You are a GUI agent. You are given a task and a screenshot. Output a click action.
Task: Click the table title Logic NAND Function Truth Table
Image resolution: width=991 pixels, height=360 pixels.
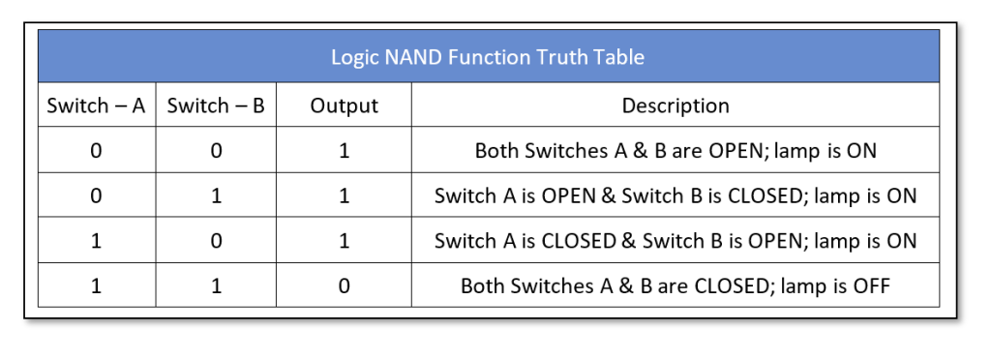488,57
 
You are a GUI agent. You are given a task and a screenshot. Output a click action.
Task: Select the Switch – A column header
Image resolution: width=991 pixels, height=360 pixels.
96,105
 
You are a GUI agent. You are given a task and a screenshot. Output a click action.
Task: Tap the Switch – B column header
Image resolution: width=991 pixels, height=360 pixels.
216,105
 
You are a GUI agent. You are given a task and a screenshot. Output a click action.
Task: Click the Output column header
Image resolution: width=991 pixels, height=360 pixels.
344,105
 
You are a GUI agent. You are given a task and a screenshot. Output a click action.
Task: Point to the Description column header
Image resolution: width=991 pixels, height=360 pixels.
676,105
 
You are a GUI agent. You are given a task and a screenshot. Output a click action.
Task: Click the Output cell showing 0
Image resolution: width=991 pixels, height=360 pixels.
344,285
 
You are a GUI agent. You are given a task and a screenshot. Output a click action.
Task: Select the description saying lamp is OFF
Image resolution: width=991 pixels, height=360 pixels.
676,285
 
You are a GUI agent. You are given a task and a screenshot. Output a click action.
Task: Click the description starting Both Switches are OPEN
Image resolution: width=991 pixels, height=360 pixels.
676,151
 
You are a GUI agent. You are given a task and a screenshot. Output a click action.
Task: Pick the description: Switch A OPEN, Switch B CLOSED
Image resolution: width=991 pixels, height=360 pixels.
676,195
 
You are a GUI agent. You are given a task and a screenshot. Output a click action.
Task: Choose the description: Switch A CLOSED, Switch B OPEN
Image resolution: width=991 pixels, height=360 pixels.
676,241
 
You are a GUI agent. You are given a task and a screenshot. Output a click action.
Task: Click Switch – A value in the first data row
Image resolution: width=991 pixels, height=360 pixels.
96,151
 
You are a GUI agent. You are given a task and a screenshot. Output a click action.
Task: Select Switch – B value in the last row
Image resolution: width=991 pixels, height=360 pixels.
216,285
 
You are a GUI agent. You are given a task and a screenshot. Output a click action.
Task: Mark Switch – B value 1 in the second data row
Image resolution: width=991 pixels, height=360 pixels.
216,195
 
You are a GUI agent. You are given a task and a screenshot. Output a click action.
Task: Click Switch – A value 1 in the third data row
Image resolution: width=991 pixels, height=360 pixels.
96,241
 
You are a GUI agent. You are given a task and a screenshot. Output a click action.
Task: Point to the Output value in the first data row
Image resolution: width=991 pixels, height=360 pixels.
344,151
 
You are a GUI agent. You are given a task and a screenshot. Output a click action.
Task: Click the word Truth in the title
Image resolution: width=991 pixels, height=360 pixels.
562,57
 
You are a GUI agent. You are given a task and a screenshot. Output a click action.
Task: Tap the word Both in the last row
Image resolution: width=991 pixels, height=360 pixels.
482,285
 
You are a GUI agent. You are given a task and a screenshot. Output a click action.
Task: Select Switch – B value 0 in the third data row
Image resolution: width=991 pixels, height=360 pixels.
216,241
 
